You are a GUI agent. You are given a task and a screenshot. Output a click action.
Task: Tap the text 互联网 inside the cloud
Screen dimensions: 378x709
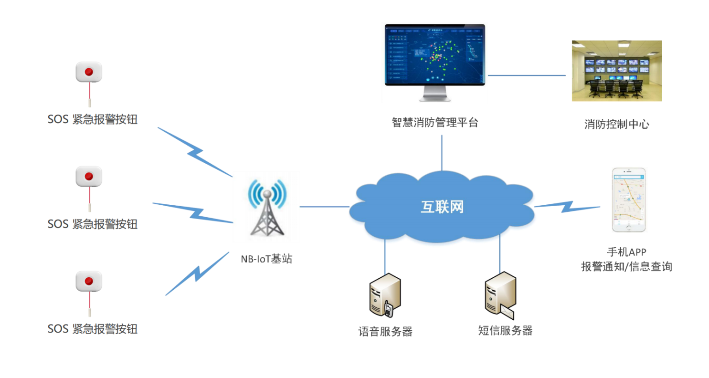coord(442,207)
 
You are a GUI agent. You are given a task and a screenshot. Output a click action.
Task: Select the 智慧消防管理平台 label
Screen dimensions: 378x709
coord(434,123)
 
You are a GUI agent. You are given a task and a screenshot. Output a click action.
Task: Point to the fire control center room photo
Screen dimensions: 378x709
coord(617,71)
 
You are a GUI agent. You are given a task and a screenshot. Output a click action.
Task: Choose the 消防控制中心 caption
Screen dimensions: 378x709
coord(617,125)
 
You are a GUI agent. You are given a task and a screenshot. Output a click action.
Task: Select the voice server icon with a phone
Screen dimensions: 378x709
coord(385,296)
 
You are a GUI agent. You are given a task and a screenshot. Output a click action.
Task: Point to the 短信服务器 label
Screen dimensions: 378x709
coord(505,330)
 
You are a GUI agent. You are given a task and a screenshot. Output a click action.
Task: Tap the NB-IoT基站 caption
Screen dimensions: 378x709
coord(266,259)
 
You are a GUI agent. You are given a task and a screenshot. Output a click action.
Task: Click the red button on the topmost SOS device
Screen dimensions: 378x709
coord(88,72)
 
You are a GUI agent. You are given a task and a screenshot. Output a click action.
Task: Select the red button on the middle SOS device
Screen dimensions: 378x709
coord(88,177)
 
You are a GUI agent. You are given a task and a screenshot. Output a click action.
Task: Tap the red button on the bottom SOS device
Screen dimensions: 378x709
coord(88,281)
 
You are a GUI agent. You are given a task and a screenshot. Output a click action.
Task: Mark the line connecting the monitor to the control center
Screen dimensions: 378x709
coord(526,75)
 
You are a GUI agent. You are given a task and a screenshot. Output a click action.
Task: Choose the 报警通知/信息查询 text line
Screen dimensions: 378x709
coord(626,266)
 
